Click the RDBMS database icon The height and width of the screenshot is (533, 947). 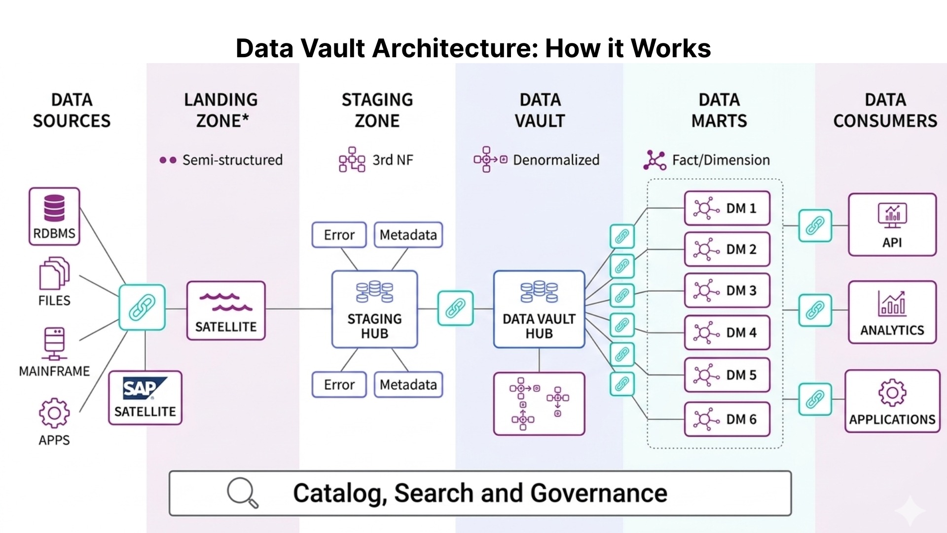pyautogui.click(x=54, y=208)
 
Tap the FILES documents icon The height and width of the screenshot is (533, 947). pyautogui.click(x=54, y=273)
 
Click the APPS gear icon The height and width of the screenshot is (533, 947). pyautogui.click(x=54, y=413)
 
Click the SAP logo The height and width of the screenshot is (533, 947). pyautogui.click(x=145, y=388)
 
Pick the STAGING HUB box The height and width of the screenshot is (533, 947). pyautogui.click(x=374, y=309)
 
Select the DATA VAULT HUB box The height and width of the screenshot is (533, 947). pyautogui.click(x=539, y=309)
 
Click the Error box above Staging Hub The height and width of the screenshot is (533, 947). pyautogui.click(x=339, y=235)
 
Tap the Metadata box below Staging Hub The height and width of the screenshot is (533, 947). pyautogui.click(x=408, y=384)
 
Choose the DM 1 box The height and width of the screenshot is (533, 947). pyautogui.click(x=727, y=208)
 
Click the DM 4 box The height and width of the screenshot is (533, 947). pyautogui.click(x=727, y=333)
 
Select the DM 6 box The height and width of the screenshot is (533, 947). pyautogui.click(x=727, y=419)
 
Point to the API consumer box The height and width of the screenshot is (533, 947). pyautogui.click(x=892, y=225)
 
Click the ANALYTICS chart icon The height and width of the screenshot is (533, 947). pyautogui.click(x=892, y=303)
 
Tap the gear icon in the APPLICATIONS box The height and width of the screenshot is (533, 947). pyautogui.click(x=892, y=393)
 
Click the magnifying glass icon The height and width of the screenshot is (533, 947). pyautogui.click(x=242, y=492)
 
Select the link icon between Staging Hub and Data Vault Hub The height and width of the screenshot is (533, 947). pyautogui.click(x=456, y=308)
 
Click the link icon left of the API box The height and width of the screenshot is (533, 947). pyautogui.click(x=815, y=226)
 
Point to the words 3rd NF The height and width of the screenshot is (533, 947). pyautogui.click(x=393, y=160)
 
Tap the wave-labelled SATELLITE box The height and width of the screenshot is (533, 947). pyautogui.click(x=226, y=310)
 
